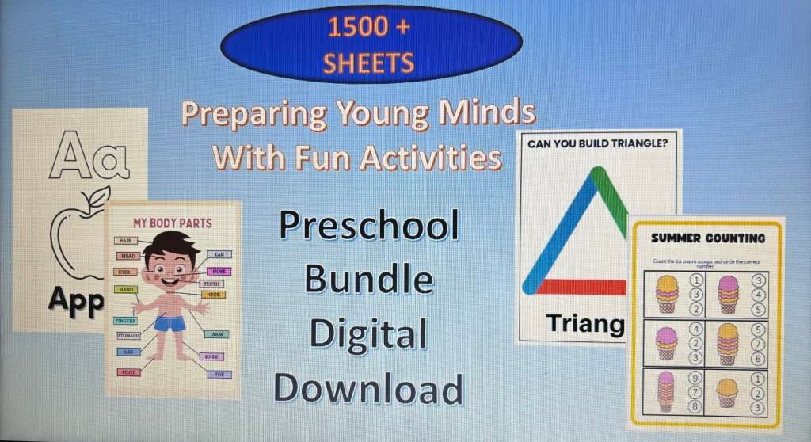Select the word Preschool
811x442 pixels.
click(369, 227)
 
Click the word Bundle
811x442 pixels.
click(369, 280)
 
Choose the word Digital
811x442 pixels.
click(369, 333)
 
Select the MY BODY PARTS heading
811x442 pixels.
click(172, 223)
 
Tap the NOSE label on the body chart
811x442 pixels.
click(219, 271)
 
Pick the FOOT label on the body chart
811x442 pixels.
click(128, 372)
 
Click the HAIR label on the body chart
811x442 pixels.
click(125, 240)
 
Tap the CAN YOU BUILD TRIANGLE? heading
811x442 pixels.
click(598, 145)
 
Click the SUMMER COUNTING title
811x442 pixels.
click(708, 238)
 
